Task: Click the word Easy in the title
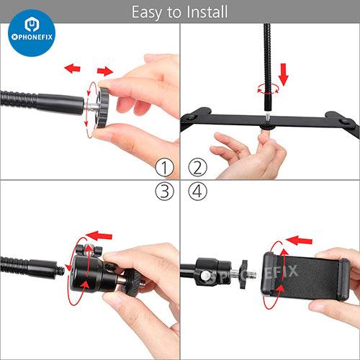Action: pyautogui.click(x=146, y=13)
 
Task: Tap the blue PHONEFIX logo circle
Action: pyautogui.click(x=32, y=33)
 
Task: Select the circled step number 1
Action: pyautogui.click(x=164, y=167)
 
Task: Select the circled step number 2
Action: pyautogui.click(x=197, y=167)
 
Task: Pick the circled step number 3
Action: pyautogui.click(x=164, y=192)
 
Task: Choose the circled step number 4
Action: pyautogui.click(x=197, y=192)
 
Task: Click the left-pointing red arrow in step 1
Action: pyautogui.click(x=73, y=68)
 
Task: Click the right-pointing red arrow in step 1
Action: pyautogui.click(x=105, y=71)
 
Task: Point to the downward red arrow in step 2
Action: pyautogui.click(x=284, y=74)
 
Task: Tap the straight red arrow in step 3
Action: pyautogui.click(x=99, y=235)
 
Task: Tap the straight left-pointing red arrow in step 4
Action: pyautogui.click(x=299, y=240)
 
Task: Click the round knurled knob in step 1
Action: pyautogui.click(x=103, y=107)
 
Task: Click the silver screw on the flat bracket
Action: pyautogui.click(x=267, y=117)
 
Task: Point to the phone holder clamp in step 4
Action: pyautogui.click(x=305, y=276)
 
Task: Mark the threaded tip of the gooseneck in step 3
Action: pyautogui.click(x=61, y=271)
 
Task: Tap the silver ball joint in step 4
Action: pyautogui.click(x=204, y=275)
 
